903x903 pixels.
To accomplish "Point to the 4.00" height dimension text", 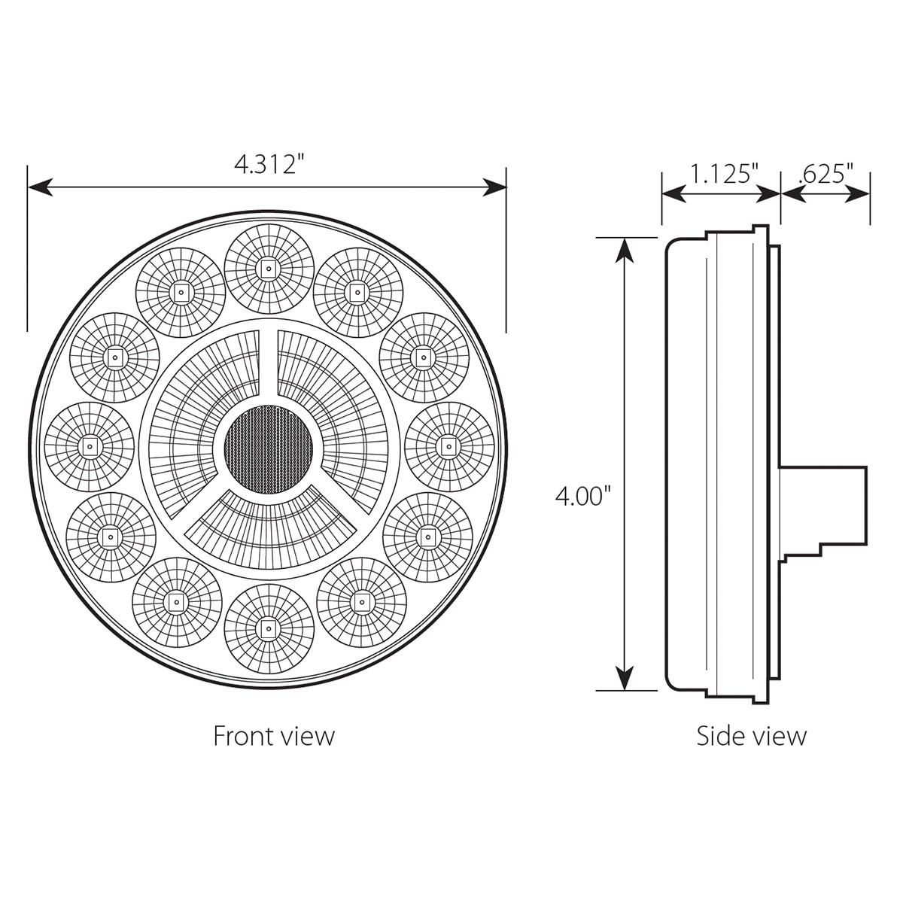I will click(580, 496).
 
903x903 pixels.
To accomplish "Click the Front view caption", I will click(273, 735).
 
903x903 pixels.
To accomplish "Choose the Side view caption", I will click(751, 735).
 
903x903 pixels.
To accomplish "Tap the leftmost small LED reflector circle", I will click(90, 447).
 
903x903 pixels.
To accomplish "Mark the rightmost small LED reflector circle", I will click(449, 447).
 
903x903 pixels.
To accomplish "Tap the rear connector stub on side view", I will click(824, 504).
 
